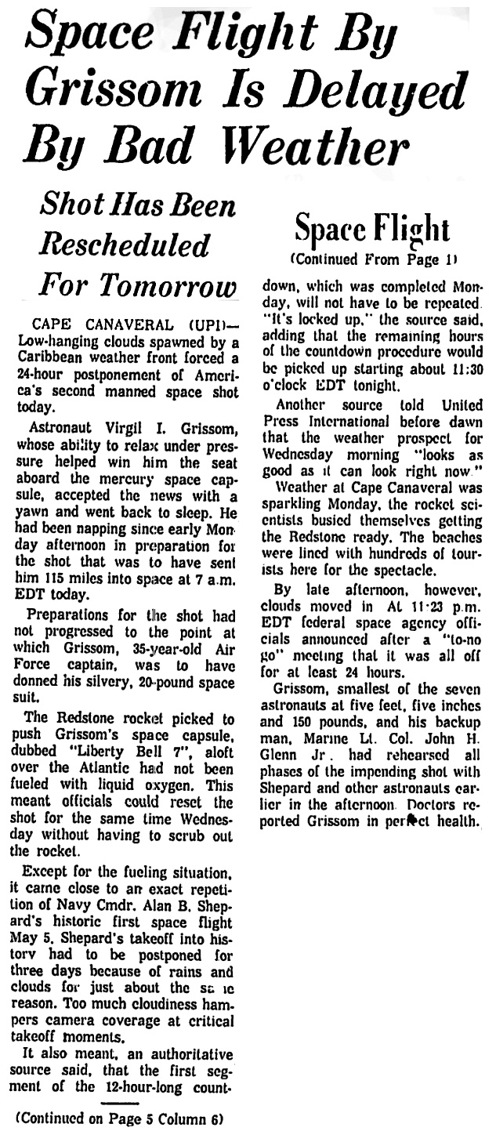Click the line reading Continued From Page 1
(x=373, y=259)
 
